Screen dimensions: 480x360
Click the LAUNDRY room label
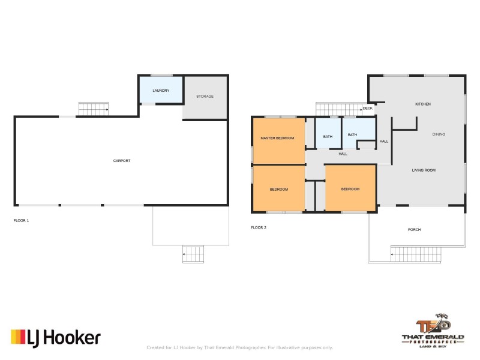click(x=161, y=91)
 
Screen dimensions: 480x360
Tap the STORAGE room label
click(x=205, y=96)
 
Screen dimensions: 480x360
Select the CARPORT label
click(x=122, y=161)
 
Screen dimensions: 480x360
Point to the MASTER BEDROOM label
click(x=277, y=138)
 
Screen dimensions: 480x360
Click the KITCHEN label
click(x=423, y=104)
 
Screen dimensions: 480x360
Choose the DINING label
click(x=439, y=134)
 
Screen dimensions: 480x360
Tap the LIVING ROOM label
click(x=424, y=170)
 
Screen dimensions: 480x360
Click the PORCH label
click(x=414, y=230)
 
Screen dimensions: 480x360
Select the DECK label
click(x=368, y=109)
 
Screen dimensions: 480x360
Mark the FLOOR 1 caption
click(x=21, y=220)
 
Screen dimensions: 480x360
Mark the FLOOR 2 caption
click(x=259, y=227)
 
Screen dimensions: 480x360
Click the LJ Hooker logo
click(x=56, y=338)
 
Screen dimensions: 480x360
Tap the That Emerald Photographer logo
click(x=433, y=331)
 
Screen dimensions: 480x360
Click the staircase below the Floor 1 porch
click(x=193, y=254)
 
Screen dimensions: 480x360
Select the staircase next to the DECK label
click(x=339, y=109)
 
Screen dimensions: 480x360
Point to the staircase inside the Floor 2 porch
click(x=416, y=254)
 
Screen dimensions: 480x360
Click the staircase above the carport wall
click(x=94, y=109)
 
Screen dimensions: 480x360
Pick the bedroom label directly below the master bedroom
click(x=279, y=189)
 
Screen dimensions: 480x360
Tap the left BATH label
click(x=328, y=137)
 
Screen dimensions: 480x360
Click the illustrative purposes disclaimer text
click(x=239, y=347)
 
